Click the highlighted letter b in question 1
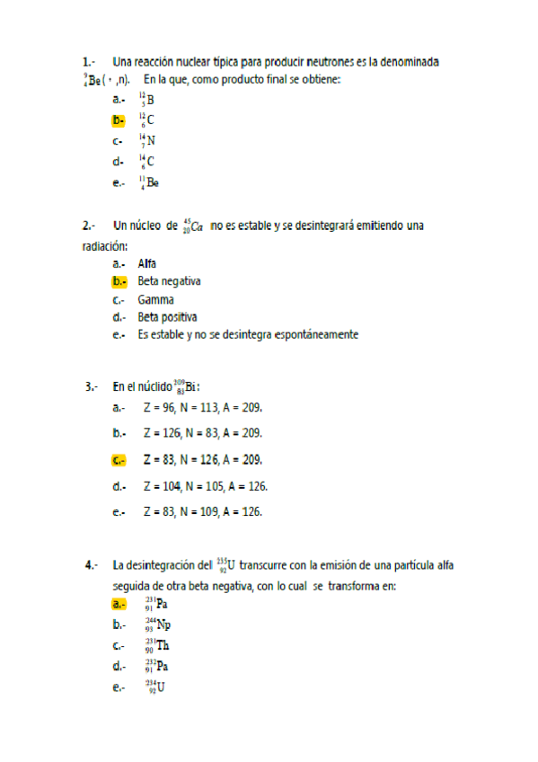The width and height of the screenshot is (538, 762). [119, 120]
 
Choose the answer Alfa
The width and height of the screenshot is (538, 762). [147, 263]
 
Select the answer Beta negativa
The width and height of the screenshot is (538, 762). [169, 281]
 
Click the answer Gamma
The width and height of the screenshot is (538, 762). [155, 299]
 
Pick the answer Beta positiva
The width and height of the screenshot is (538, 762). [167, 317]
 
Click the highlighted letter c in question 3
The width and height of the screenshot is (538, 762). [119, 460]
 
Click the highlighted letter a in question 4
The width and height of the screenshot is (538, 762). [119, 604]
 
